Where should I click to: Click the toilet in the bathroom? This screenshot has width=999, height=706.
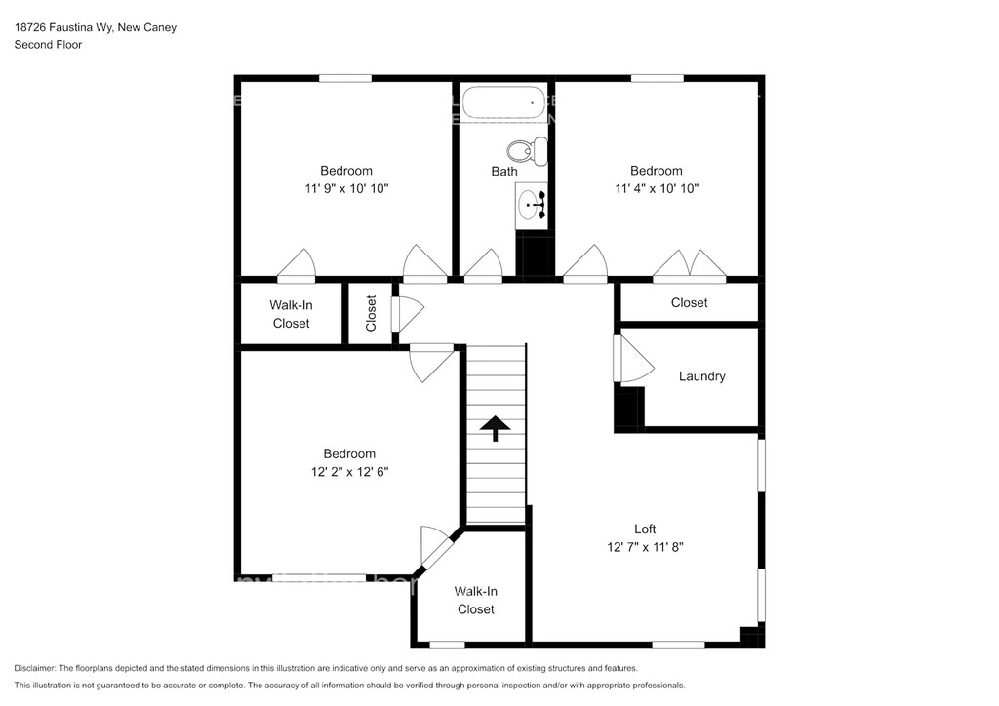pos(527,151)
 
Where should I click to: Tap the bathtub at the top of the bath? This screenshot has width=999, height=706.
pos(503,102)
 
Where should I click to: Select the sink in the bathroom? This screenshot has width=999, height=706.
pos(531,205)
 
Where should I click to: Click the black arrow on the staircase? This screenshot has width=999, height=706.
pos(495,428)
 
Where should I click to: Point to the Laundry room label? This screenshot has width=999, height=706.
pos(702,376)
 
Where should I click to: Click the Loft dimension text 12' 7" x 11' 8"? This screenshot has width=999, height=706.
pos(645,547)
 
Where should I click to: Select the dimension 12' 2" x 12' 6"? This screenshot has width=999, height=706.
pos(350,472)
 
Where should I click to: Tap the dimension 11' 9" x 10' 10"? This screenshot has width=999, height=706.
pos(346,188)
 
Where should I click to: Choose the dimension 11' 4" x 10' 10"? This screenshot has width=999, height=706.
pos(657,188)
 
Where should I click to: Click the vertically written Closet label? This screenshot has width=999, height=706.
pos(371,313)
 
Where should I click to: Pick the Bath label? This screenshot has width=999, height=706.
pos(504,172)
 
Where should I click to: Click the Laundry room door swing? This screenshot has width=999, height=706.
pos(633,359)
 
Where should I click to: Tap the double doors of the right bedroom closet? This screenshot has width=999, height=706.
pos(690,265)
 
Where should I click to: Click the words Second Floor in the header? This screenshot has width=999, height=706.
pos(49,45)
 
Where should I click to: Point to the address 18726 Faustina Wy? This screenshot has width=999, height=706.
pos(63,27)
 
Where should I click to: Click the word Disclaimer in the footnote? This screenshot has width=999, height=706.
pos(34,668)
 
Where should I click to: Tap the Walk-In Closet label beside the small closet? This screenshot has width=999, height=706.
pos(291,315)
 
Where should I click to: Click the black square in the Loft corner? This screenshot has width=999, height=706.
pos(752,637)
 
